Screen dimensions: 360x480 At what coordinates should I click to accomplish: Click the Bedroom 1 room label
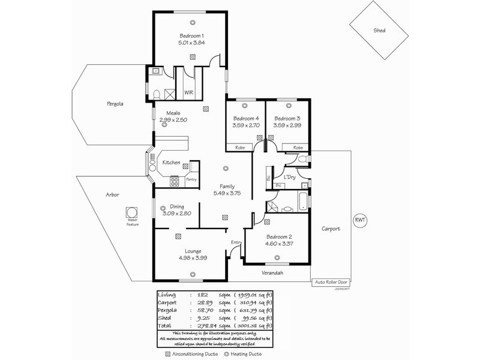pos(191,36)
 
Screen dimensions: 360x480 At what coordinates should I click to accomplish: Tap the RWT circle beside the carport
pos(360,220)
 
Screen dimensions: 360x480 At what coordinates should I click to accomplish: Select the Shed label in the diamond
pos(379,31)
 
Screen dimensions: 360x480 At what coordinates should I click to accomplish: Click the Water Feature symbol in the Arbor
pos(131,212)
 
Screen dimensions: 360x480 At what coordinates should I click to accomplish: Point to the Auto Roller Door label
pos(330,281)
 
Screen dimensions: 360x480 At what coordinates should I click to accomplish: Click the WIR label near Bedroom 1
pos(188,93)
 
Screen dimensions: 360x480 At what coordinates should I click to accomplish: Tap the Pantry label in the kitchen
pos(191,179)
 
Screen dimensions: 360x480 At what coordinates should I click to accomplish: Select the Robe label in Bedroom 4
pos(239,148)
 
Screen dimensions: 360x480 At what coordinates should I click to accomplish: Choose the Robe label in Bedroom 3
pos(298,148)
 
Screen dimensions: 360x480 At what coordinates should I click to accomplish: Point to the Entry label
pos(236,242)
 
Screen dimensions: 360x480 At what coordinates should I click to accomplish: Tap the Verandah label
pos(272,273)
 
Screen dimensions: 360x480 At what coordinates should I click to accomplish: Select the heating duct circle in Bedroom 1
pos(193,22)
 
